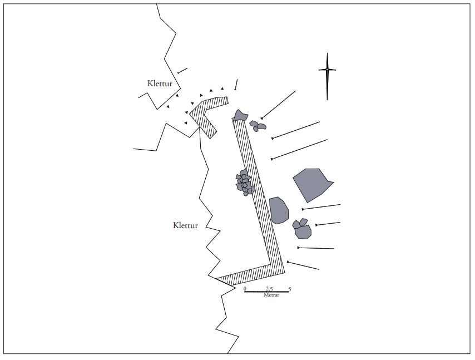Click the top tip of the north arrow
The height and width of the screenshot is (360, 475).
click(327, 53)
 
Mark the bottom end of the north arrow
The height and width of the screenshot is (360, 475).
click(327, 100)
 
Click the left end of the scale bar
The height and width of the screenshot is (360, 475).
click(245, 292)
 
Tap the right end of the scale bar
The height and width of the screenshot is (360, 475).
click(290, 292)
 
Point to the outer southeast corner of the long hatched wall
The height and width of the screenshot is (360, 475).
click(285, 273)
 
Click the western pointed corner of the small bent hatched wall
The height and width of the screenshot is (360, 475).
click(190, 114)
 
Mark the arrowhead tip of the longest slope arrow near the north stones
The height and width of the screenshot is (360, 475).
click(261, 119)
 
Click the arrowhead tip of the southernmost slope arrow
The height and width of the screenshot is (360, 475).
click(288, 262)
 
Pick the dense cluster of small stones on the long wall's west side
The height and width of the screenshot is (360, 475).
click(245, 183)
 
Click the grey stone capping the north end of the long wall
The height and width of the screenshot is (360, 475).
click(240, 115)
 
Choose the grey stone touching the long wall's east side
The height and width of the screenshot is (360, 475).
click(279, 210)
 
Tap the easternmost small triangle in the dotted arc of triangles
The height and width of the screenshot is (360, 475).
click(222, 88)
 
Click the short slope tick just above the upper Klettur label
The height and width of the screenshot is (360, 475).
click(182, 71)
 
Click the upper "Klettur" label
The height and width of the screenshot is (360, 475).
click(160, 83)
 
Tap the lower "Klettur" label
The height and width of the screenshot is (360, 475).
click(185, 225)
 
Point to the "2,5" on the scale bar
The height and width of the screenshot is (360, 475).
click(269, 288)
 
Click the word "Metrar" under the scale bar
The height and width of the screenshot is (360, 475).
click(271, 295)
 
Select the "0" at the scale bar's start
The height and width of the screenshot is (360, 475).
click(245, 288)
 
